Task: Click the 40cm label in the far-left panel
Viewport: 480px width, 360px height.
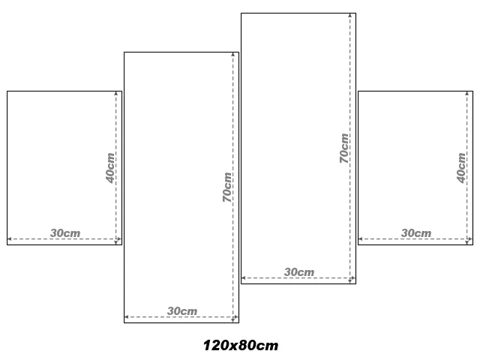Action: pyautogui.click(x=110, y=168)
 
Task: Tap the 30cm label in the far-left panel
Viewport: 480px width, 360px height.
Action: pyautogui.click(x=65, y=233)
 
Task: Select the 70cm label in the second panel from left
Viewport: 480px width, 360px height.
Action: pyautogui.click(x=227, y=187)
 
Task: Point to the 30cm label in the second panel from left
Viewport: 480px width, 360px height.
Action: pyautogui.click(x=182, y=311)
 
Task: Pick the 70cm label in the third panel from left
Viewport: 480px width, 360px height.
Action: pyautogui.click(x=344, y=148)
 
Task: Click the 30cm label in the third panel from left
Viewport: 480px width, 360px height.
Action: pyautogui.click(x=299, y=272)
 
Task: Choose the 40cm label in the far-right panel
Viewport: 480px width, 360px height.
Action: pyautogui.click(x=461, y=168)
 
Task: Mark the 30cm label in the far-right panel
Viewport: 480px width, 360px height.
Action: pyautogui.click(x=416, y=233)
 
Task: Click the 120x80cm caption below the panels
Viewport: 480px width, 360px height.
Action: pyautogui.click(x=241, y=345)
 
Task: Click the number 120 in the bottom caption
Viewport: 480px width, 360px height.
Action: pyautogui.click(x=216, y=345)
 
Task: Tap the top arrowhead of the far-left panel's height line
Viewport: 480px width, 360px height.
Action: pyautogui.click(x=116, y=93)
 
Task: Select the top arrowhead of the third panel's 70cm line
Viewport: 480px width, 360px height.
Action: pyautogui.click(x=350, y=15)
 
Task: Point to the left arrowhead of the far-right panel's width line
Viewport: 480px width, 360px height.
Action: pyautogui.click(x=360, y=238)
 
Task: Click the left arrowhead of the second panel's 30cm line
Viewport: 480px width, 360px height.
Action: pyautogui.click(x=127, y=316)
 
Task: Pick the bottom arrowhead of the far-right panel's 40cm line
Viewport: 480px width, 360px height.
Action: pyautogui.click(x=467, y=242)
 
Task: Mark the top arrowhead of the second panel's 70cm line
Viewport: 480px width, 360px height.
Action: pyautogui.click(x=233, y=55)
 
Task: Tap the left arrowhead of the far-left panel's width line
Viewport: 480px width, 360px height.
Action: pyautogui.click(x=10, y=238)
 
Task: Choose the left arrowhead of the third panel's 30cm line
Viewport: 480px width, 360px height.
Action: pyautogui.click(x=243, y=278)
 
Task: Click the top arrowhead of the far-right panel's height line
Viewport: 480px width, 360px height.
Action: pyautogui.click(x=467, y=93)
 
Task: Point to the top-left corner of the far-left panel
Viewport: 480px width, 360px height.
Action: pyautogui.click(x=7, y=91)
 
